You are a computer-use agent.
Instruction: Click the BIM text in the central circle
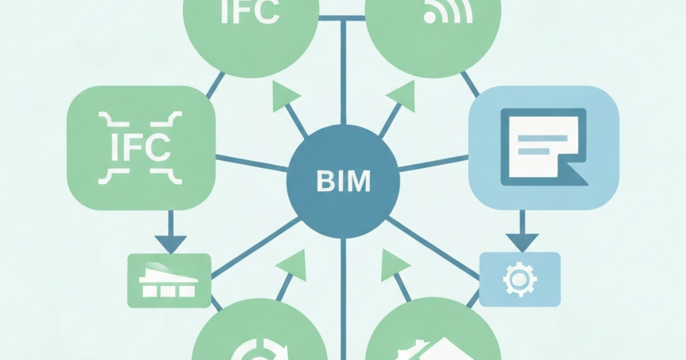pos(344,181)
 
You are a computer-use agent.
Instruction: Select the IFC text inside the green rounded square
pos(141,148)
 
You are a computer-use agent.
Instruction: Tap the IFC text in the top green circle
pos(250,12)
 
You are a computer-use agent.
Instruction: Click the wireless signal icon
pos(448,11)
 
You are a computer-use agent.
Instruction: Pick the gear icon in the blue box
pos(520,279)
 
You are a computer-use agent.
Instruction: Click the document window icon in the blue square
pos(544,147)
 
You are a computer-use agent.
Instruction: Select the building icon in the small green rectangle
pos(168,281)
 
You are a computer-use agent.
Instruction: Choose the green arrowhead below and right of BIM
pos(393,265)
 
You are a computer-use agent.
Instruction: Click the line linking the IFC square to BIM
pos(252,163)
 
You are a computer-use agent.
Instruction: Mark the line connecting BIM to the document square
pos(434,163)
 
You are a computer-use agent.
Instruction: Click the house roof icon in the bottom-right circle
pos(441,349)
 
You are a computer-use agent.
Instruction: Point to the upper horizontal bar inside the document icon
pos(543,138)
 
